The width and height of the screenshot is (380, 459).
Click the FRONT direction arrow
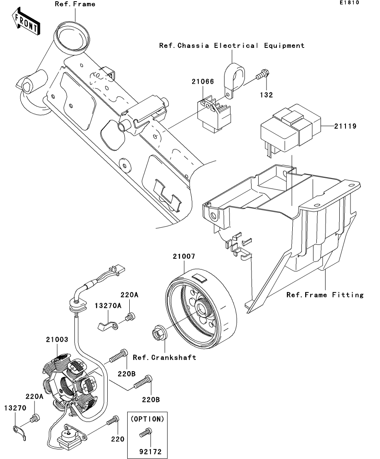coord(26,22)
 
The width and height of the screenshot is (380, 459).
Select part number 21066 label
coord(203,82)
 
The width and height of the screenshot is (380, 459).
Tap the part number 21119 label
coord(345,126)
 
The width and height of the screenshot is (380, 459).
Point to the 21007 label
coord(184,256)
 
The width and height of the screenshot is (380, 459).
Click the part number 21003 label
coord(57,340)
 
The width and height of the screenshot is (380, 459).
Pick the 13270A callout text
coord(108,306)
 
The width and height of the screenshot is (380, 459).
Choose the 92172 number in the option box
coord(151,452)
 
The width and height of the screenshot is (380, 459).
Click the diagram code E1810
coord(349,2)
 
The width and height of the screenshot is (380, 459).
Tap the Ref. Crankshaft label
coord(164,357)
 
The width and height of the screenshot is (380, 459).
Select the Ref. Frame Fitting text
coord(325,295)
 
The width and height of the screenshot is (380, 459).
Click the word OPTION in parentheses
coord(147,419)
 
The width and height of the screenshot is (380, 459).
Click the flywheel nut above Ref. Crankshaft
coord(158,333)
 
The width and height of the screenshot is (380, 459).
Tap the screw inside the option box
coord(146,432)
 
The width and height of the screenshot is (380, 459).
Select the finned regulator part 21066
coord(214,112)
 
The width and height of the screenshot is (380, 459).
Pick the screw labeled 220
coord(113,420)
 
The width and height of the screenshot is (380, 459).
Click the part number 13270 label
coord(15,408)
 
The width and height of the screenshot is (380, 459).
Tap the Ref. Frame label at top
coord(75,4)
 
